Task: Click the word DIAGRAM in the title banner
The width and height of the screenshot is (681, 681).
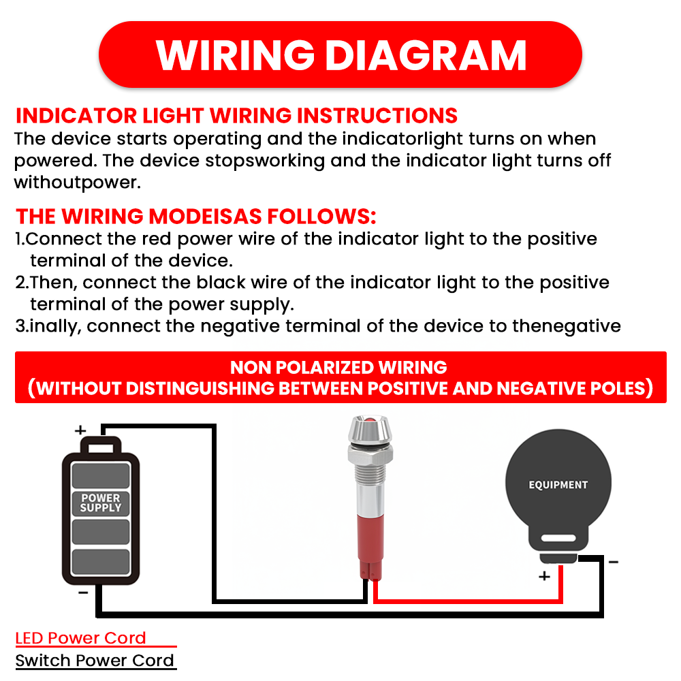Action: (426, 55)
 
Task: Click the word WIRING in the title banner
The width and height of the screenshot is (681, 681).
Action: (235, 55)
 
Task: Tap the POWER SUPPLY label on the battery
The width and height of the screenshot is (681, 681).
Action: (101, 503)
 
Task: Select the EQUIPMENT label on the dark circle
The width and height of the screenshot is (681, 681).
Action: (558, 485)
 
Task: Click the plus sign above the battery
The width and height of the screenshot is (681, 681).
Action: (80, 430)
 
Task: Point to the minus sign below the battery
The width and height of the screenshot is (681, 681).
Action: (83, 592)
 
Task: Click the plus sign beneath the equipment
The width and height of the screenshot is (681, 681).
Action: (544, 576)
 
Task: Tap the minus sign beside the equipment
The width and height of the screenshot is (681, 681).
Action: (614, 562)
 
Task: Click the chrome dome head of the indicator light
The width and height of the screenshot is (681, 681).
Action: (370, 429)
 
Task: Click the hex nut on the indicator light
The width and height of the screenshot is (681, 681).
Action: (370, 454)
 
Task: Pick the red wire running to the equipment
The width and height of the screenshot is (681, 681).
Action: (469, 601)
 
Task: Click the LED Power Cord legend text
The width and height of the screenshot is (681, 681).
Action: (80, 638)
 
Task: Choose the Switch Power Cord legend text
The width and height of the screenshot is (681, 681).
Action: (94, 661)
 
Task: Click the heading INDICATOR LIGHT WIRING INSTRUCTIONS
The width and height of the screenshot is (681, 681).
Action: (236, 116)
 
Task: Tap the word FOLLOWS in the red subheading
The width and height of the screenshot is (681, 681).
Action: (321, 217)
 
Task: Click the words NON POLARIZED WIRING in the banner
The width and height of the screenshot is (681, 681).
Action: (338, 368)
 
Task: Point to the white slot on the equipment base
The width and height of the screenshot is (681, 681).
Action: (558, 539)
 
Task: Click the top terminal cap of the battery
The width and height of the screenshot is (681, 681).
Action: (101, 446)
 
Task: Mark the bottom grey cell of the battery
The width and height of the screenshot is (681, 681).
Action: (101, 562)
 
